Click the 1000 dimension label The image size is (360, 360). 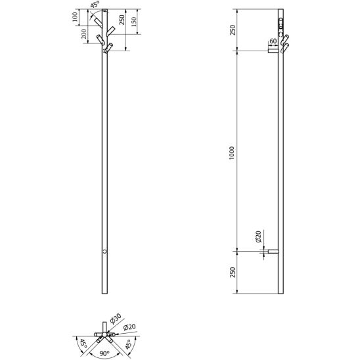point(232,153)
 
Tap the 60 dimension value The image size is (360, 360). point(273,41)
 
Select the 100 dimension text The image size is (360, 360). point(75,17)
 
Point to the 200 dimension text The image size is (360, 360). point(84,34)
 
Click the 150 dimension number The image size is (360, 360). point(134,22)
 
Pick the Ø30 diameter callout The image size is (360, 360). point(116,319)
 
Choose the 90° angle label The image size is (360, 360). point(104,353)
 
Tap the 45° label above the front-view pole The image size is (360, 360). point(95,5)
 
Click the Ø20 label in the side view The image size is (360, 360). point(258,236)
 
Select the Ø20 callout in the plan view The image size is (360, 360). point(129,327)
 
